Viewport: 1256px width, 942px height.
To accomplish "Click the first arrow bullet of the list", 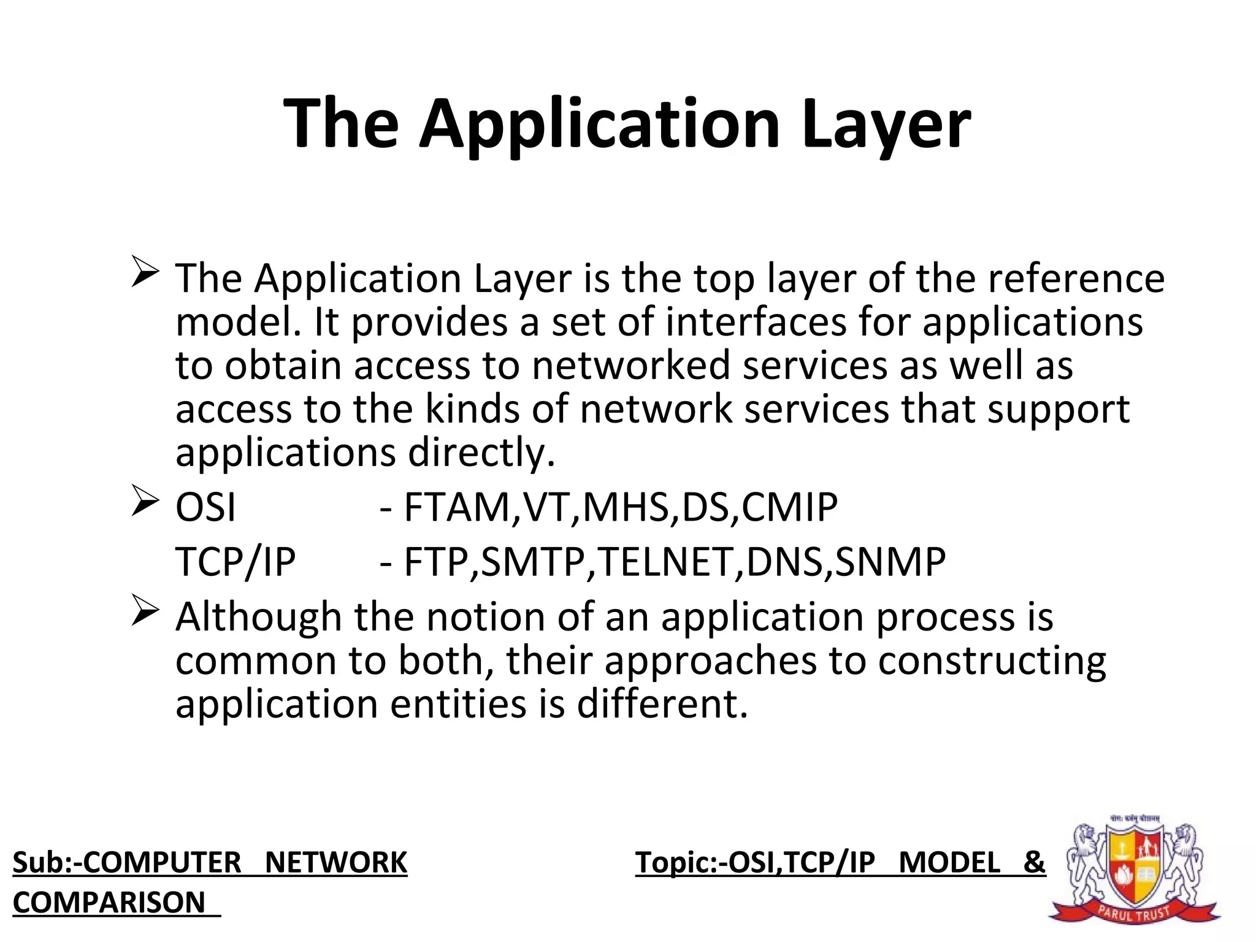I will tap(145, 273).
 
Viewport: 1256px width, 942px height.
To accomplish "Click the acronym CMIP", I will tap(789, 507).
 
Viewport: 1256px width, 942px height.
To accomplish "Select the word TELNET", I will tap(669, 562).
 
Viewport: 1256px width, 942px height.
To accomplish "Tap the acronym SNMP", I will tap(890, 562).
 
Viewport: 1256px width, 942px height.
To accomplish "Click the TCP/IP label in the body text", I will tap(235, 562).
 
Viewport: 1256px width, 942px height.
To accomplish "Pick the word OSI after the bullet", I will tap(205, 507).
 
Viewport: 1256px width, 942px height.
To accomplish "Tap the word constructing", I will tap(992, 661).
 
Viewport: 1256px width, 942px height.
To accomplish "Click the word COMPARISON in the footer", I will tap(109, 902).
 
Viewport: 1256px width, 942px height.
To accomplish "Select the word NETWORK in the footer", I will tap(335, 862).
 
